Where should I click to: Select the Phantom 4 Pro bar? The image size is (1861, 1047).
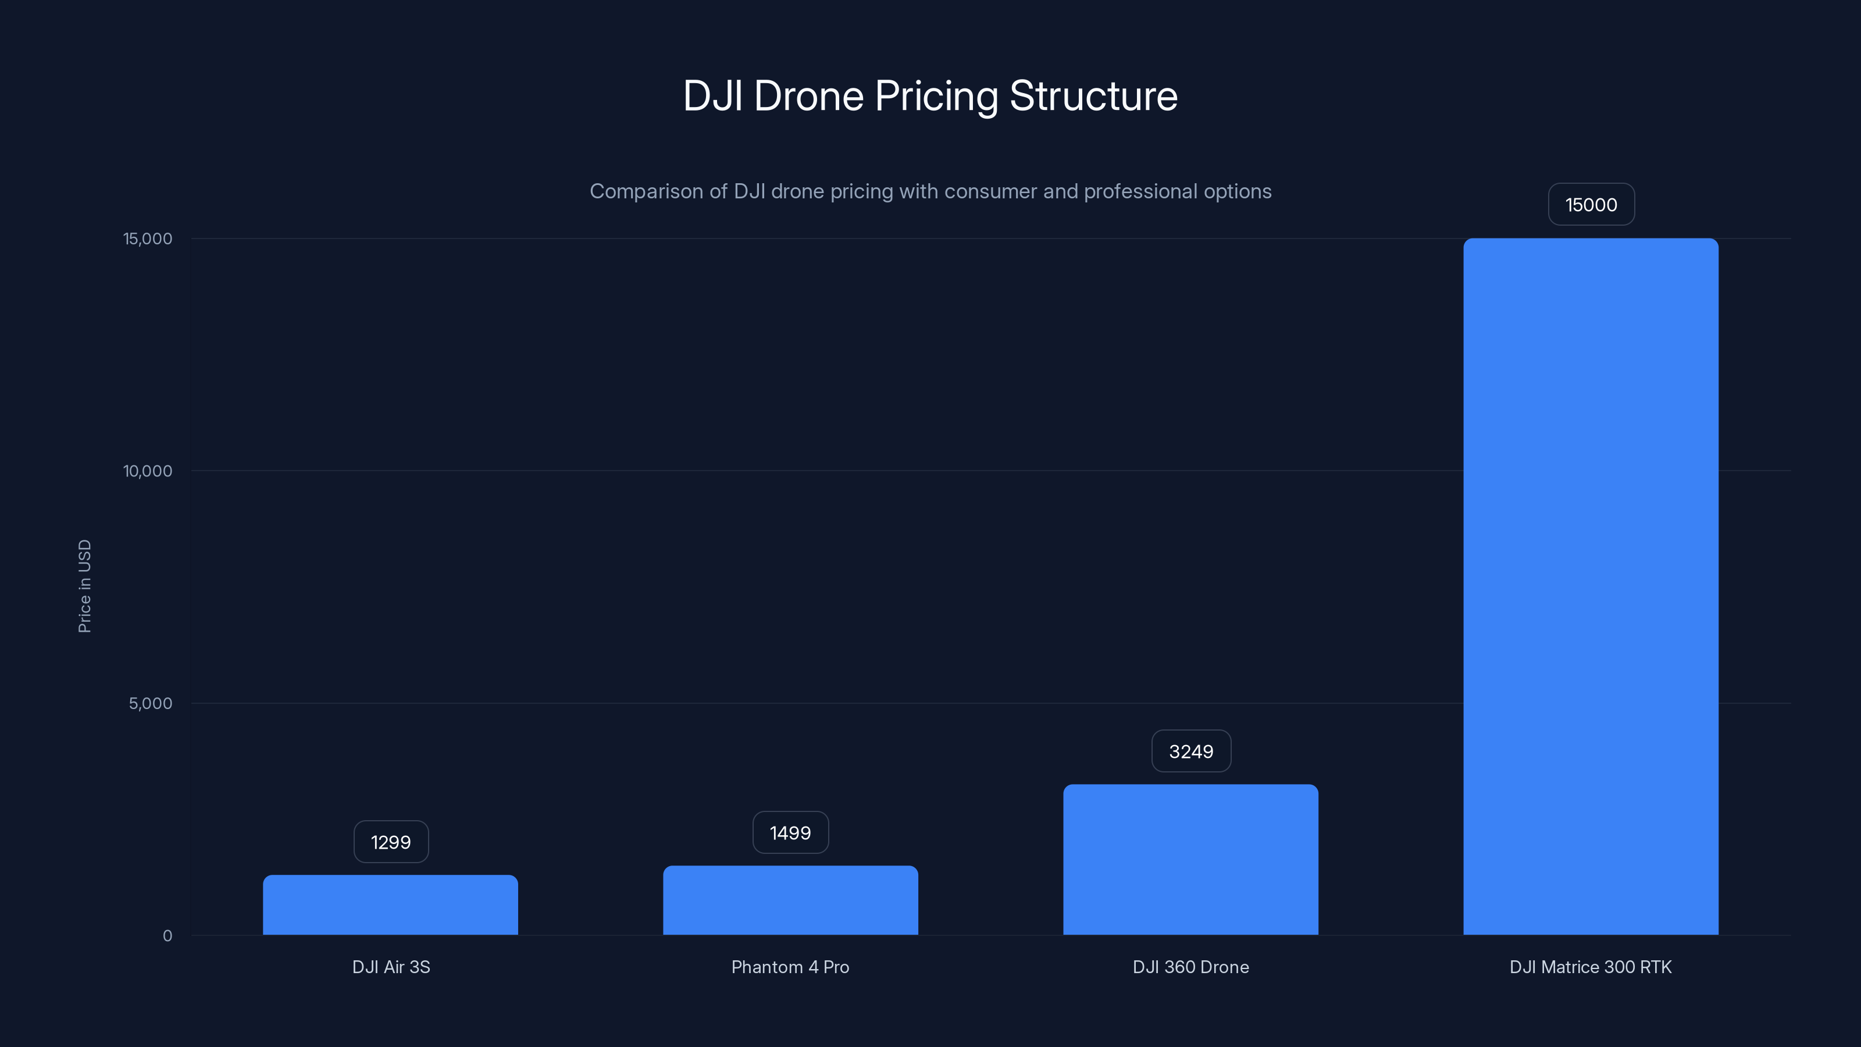[790, 900]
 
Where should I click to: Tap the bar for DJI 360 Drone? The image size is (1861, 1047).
[1190, 860]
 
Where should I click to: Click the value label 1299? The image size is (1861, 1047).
[391, 842]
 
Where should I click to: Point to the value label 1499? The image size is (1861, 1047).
[790, 832]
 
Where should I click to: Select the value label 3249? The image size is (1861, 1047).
[1190, 752]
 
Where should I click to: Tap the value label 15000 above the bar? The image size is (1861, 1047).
[1591, 205]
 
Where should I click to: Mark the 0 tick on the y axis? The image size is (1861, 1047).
[167, 936]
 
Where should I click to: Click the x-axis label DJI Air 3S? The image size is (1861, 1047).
[391, 967]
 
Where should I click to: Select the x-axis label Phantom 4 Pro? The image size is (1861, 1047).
[790, 967]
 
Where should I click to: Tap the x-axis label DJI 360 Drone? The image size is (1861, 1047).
[1190, 967]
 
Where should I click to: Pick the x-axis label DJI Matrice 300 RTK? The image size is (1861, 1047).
[1591, 967]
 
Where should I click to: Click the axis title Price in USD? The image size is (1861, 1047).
[84, 586]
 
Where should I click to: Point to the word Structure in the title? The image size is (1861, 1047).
[1093, 96]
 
